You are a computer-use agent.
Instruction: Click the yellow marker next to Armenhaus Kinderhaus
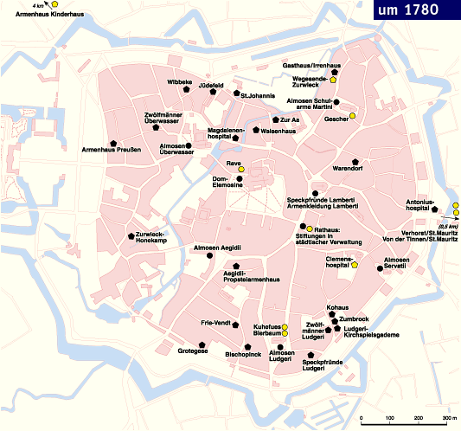click(54, 4)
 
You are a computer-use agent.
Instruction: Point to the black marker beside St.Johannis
click(234, 94)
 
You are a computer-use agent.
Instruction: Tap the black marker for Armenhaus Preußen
click(113, 142)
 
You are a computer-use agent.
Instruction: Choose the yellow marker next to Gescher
click(352, 117)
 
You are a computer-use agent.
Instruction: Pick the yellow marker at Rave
click(241, 168)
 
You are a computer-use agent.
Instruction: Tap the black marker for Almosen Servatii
click(379, 268)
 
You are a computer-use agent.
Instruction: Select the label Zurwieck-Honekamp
click(152, 237)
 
